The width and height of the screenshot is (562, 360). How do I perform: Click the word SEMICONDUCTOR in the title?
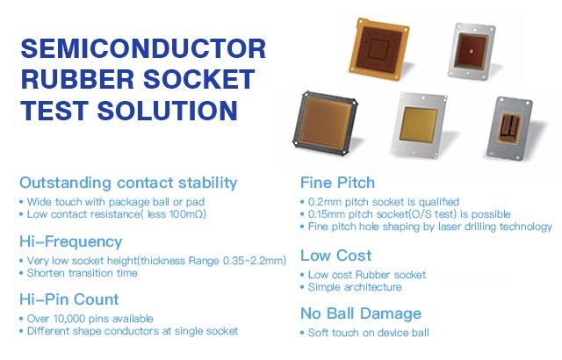(x=141, y=50)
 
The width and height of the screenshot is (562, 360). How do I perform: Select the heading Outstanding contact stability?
(x=128, y=183)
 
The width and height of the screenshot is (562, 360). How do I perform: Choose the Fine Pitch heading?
(x=337, y=183)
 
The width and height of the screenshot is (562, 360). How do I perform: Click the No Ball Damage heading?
(x=360, y=313)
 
